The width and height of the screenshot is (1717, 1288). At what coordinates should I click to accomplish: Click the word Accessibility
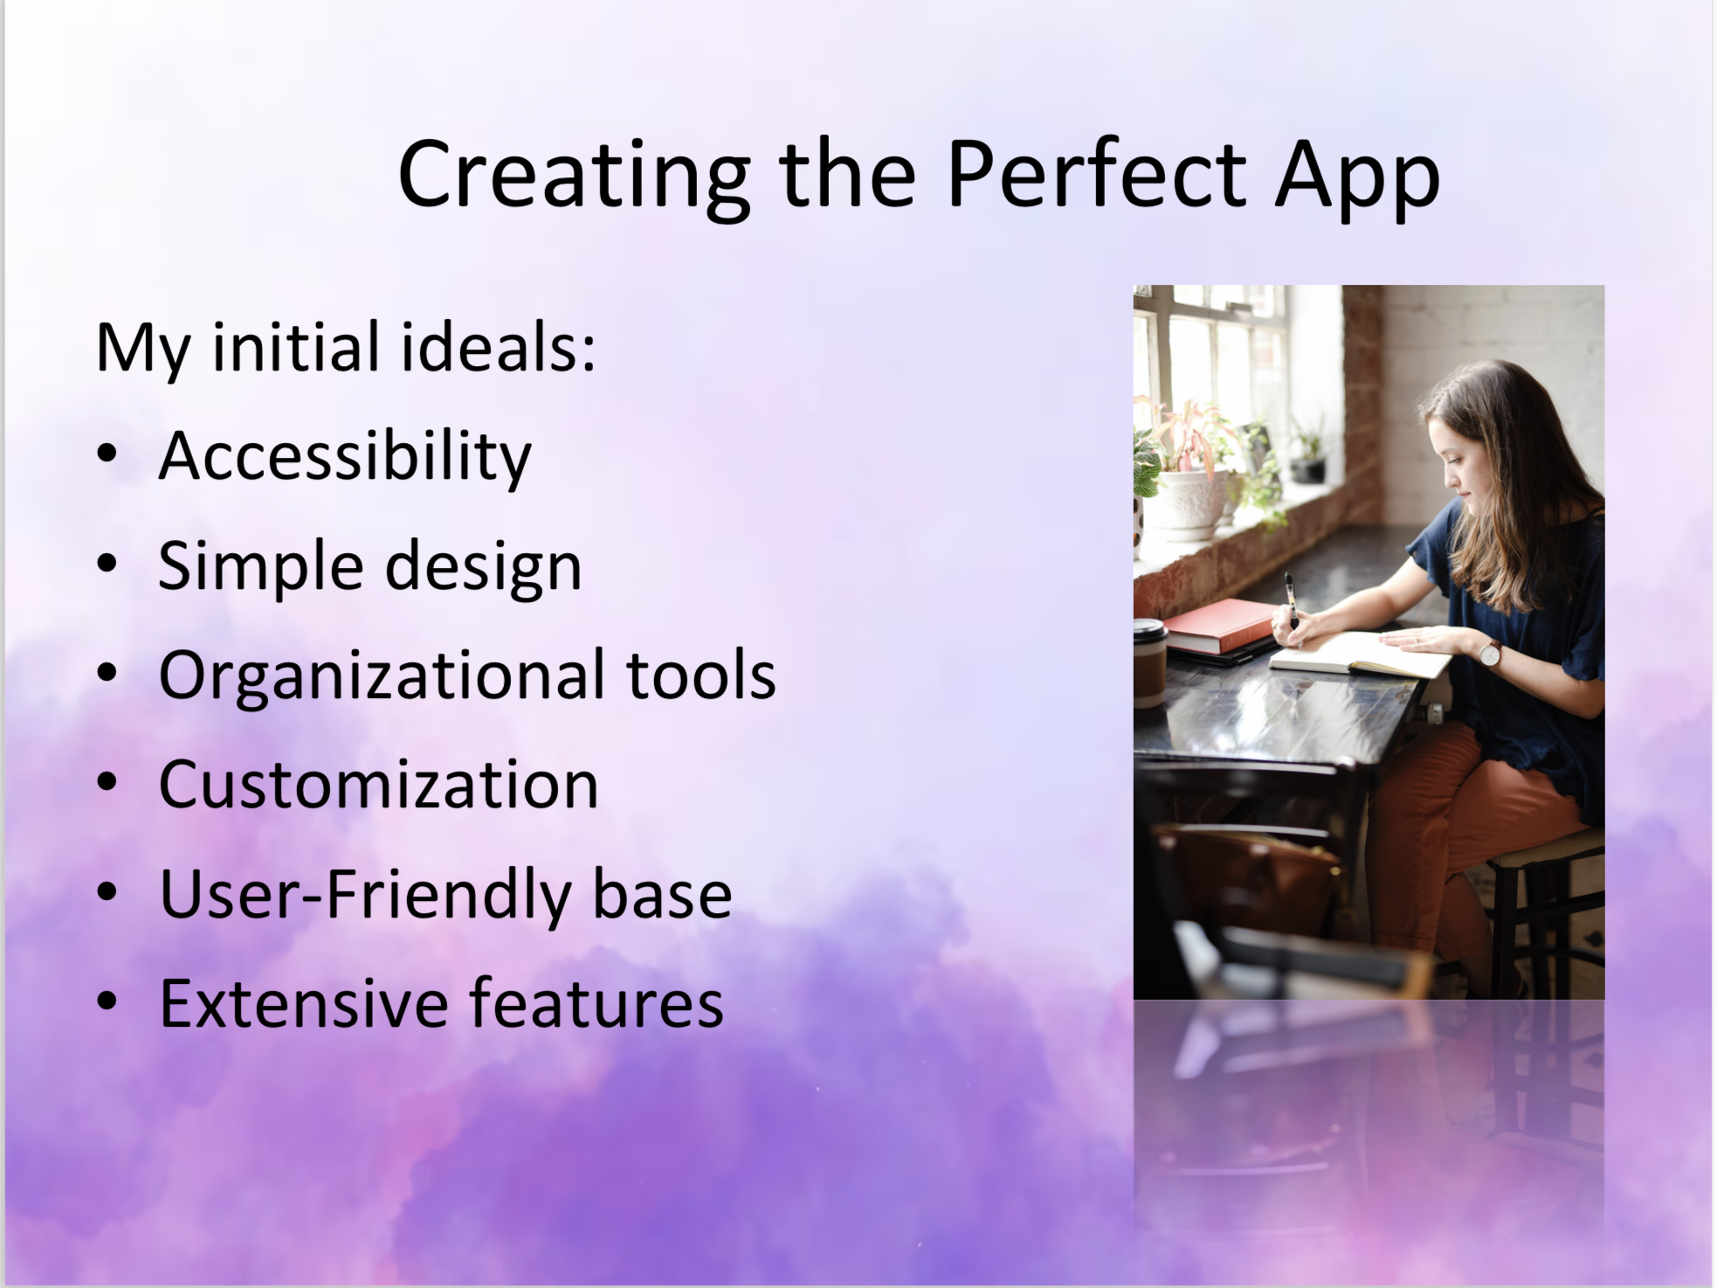[x=345, y=457]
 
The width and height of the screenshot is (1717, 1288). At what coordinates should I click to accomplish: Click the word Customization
[x=378, y=785]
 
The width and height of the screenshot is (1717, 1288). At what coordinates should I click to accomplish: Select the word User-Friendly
[x=365, y=895]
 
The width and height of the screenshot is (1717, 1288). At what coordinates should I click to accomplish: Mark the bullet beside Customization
[x=107, y=783]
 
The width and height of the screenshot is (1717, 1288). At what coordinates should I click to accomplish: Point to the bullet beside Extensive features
[x=107, y=1002]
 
